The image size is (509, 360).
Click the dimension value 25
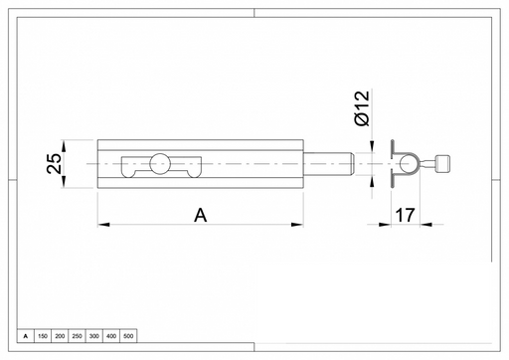pyautogui.click(x=54, y=163)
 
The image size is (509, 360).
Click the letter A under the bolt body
pyautogui.click(x=201, y=216)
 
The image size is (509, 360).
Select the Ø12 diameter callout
pyautogui.click(x=362, y=107)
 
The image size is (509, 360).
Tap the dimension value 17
pyautogui.click(x=406, y=216)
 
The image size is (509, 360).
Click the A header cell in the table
pyautogui.click(x=26, y=336)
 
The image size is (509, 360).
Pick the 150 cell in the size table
pyautogui.click(x=43, y=336)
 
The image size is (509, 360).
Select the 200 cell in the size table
pyautogui.click(x=60, y=336)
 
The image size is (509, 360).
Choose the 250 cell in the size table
pyautogui.click(x=77, y=336)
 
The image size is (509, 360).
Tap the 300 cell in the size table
pyautogui.click(x=94, y=336)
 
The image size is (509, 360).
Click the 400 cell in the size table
pyautogui.click(x=111, y=336)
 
